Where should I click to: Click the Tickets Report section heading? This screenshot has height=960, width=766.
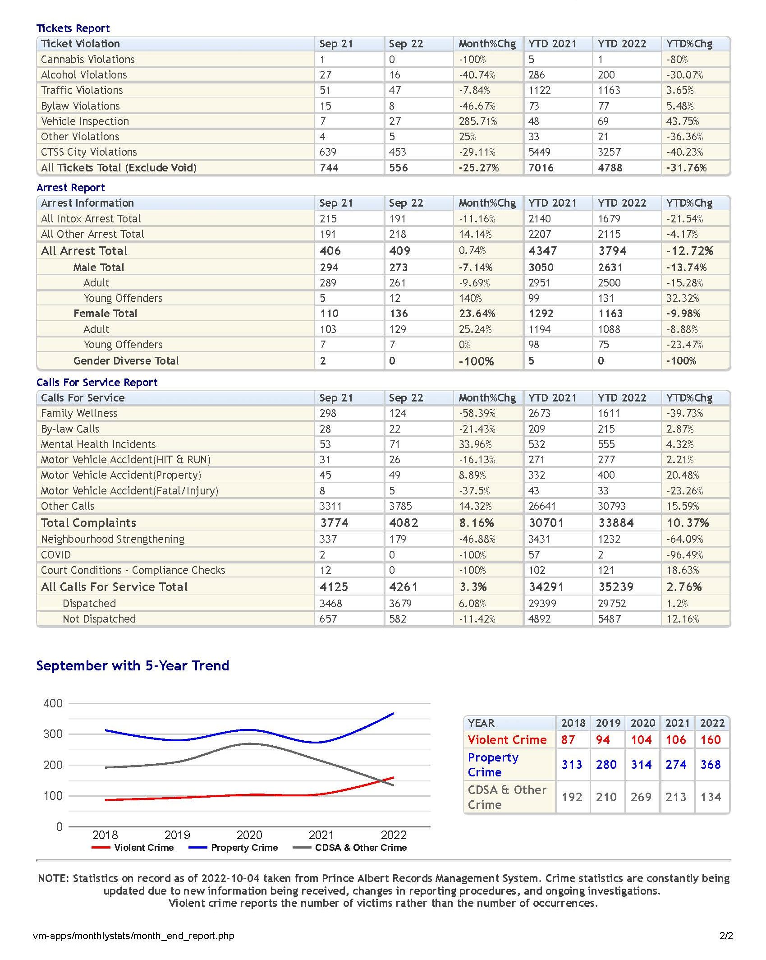click(x=73, y=28)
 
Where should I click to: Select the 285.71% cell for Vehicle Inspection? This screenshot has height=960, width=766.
click(x=478, y=121)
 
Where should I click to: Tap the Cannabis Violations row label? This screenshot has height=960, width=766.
click(x=87, y=60)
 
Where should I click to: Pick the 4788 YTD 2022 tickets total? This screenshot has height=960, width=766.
click(x=610, y=168)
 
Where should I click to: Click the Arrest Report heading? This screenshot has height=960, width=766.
click(x=70, y=188)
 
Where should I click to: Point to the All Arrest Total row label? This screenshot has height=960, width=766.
click(x=84, y=251)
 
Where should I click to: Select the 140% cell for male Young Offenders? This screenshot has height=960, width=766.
click(x=470, y=298)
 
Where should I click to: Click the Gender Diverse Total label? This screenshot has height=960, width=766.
click(x=126, y=361)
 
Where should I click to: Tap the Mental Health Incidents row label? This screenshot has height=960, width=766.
click(x=98, y=444)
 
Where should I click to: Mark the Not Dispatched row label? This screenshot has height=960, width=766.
click(x=99, y=619)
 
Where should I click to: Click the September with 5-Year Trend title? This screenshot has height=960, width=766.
click(x=133, y=666)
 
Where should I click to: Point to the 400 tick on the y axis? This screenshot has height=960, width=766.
click(x=53, y=703)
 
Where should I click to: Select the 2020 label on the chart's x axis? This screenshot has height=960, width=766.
click(x=249, y=835)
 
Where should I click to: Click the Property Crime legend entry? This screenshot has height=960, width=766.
click(x=233, y=848)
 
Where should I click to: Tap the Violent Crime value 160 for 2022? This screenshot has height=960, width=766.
click(x=711, y=740)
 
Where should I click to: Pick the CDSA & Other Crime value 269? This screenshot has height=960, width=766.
click(x=641, y=797)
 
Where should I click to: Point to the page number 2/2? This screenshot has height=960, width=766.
click(x=726, y=936)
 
